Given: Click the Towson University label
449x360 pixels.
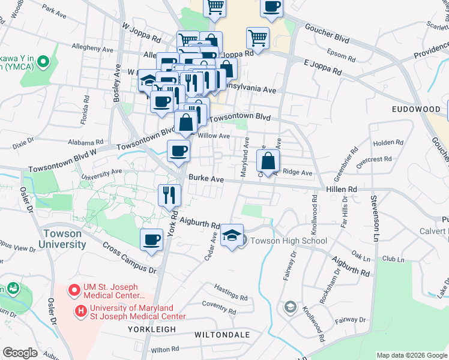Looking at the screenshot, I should tap(62, 239).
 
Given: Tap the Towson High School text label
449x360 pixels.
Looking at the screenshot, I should tap(289, 241).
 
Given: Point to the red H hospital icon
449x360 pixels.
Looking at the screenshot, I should tap(80, 311).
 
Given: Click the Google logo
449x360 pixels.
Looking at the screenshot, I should tap(20, 353).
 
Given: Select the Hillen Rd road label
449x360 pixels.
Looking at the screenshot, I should tap(342, 189).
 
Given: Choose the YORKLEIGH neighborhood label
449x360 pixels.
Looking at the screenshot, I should tap(151, 330).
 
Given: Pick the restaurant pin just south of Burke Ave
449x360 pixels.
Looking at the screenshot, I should tap(169, 194).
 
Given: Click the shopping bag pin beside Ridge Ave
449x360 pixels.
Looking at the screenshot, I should tap(268, 160).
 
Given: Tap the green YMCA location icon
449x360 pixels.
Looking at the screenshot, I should tap(43, 61).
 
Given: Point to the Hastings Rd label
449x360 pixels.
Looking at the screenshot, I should tap(231, 297).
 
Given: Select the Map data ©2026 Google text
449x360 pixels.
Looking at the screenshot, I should tap(412, 355).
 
